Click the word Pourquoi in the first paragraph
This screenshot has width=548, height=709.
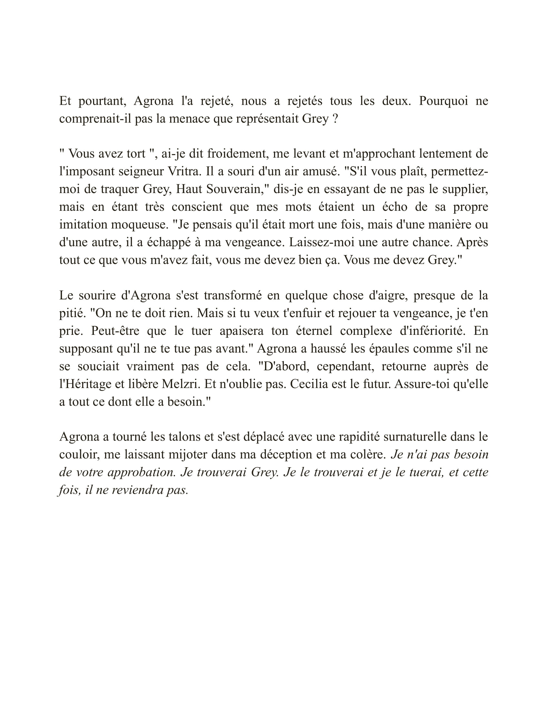[444, 101]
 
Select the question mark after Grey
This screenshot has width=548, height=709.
[336, 119]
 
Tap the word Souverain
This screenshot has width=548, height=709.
[235, 189]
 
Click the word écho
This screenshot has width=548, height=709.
[395, 207]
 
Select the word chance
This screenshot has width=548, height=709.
[431, 242]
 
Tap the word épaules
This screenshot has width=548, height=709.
[363, 349]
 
